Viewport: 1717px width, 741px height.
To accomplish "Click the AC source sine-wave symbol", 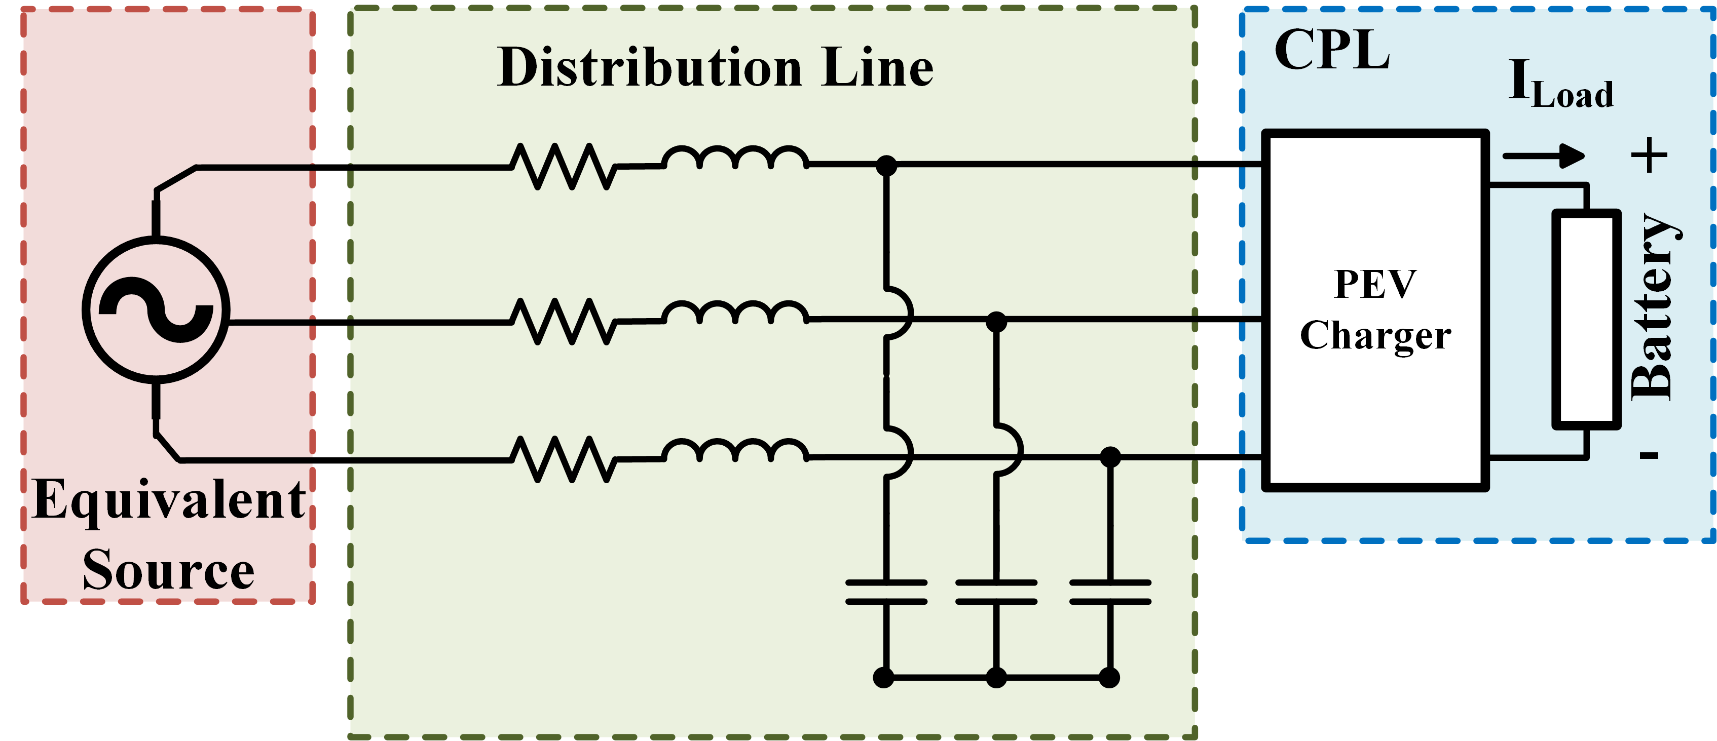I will tap(156, 310).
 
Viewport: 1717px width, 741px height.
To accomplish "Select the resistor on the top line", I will tap(563, 167).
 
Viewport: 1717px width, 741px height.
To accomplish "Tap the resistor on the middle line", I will tap(563, 322).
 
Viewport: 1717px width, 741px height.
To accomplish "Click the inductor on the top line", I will tap(735, 160).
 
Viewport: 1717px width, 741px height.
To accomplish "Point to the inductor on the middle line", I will tap(735, 315).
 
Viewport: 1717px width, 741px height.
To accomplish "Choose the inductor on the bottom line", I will tap(735, 452).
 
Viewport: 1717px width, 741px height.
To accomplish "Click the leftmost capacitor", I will tap(886, 592).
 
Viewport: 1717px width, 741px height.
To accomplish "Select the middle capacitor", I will tap(996, 592).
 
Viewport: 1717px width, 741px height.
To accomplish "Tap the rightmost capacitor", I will tap(1110, 592).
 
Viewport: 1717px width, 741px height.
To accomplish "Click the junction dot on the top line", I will tap(886, 165).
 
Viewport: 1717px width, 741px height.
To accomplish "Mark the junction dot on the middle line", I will tap(996, 322).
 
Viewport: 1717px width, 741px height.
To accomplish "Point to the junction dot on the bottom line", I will tap(1110, 457).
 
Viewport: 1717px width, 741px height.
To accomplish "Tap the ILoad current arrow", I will tap(1543, 156).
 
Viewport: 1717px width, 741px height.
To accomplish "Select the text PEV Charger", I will tap(1375, 310).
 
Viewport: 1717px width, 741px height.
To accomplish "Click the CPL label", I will tap(1332, 50).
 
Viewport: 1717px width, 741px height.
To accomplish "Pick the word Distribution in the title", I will tap(650, 68).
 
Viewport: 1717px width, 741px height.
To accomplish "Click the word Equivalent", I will tap(169, 500).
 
